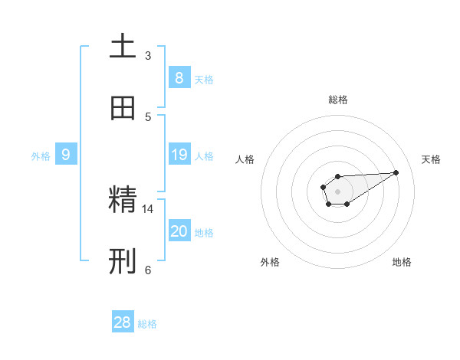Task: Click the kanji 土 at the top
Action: coord(123,47)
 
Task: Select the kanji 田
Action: coord(123,108)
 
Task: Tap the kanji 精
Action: coord(123,200)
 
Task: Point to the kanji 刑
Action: coord(123,261)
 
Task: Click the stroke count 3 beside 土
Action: coord(148,56)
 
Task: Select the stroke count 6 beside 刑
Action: coord(148,270)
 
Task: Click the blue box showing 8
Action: coord(179,78)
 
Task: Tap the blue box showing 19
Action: coord(179,155)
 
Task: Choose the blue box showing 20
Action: coord(179,231)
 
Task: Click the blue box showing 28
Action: coord(123,322)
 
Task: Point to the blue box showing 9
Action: coord(66,155)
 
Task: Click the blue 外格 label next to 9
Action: coord(41,156)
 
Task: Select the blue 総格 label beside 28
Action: coord(147,324)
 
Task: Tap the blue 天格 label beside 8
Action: coord(204,80)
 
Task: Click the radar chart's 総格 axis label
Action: coord(337,100)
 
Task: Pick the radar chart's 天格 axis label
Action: coord(431,159)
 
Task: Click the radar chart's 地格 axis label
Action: coord(402,262)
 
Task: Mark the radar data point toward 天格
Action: coord(396,172)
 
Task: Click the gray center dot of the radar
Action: coord(337,191)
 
